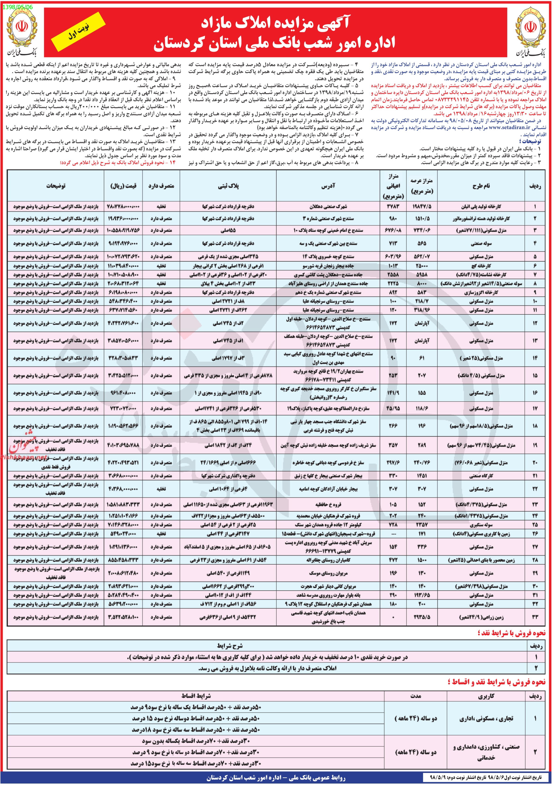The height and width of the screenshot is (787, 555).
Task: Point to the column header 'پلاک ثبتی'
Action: pos(228,186)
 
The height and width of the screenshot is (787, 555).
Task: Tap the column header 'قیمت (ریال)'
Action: pos(123,186)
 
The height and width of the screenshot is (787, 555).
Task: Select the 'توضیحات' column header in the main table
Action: pos(56,186)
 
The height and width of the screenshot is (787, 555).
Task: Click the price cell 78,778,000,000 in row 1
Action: pos(123,207)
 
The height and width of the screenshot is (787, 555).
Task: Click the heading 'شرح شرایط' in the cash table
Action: pos(230,646)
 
